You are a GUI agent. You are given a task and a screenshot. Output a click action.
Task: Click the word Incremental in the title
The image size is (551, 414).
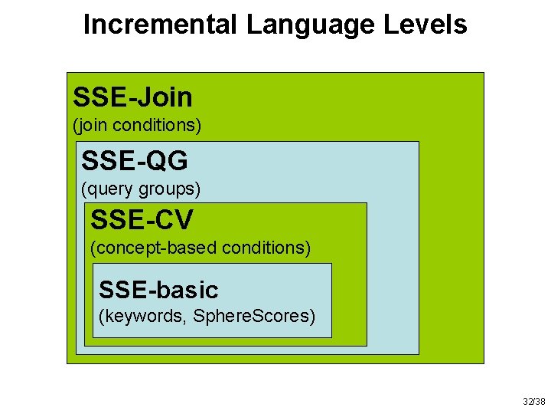coord(161,25)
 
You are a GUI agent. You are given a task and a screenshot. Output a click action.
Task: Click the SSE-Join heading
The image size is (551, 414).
coord(132,97)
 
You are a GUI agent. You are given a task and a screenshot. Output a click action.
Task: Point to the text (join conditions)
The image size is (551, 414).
coord(137,124)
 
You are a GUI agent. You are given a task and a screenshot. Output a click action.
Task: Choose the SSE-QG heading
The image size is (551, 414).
coord(135,161)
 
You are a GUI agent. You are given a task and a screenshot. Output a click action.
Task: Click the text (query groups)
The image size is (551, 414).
coord(141,188)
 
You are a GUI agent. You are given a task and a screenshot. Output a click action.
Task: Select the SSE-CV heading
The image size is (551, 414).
coord(142,220)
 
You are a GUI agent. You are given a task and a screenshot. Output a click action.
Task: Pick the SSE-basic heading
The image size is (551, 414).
coord(158,290)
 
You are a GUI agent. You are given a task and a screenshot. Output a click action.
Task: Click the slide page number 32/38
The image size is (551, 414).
coord(533,402)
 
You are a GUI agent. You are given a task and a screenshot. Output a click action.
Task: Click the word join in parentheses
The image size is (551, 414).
coord(92,124)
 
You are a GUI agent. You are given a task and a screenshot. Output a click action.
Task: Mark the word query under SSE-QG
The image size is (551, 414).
coord(109,188)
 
